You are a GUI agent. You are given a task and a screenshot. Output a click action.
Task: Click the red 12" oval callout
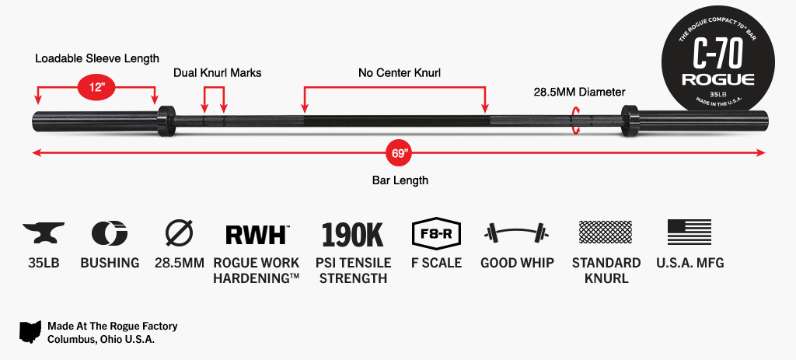tap(96, 86)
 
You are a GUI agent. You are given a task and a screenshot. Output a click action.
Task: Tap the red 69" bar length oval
tap(400, 153)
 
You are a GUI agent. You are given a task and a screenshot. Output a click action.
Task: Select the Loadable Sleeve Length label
tap(97, 58)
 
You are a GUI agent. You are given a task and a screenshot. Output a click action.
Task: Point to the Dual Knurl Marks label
tap(217, 73)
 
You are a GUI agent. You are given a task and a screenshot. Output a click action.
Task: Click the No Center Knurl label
tap(400, 73)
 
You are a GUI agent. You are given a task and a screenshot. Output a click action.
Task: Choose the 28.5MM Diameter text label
tap(579, 92)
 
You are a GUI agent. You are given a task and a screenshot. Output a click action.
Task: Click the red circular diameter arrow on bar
tap(575, 121)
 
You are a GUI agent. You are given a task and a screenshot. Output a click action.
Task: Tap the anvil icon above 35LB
tap(44, 233)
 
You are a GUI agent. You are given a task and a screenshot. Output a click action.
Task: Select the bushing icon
tap(110, 233)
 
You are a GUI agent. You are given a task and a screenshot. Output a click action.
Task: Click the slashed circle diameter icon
tap(177, 233)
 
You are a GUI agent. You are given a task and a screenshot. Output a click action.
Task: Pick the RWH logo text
tap(256, 234)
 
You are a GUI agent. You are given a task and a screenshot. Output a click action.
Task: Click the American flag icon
tap(690, 232)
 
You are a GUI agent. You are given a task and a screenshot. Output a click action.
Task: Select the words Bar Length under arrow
tap(400, 180)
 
